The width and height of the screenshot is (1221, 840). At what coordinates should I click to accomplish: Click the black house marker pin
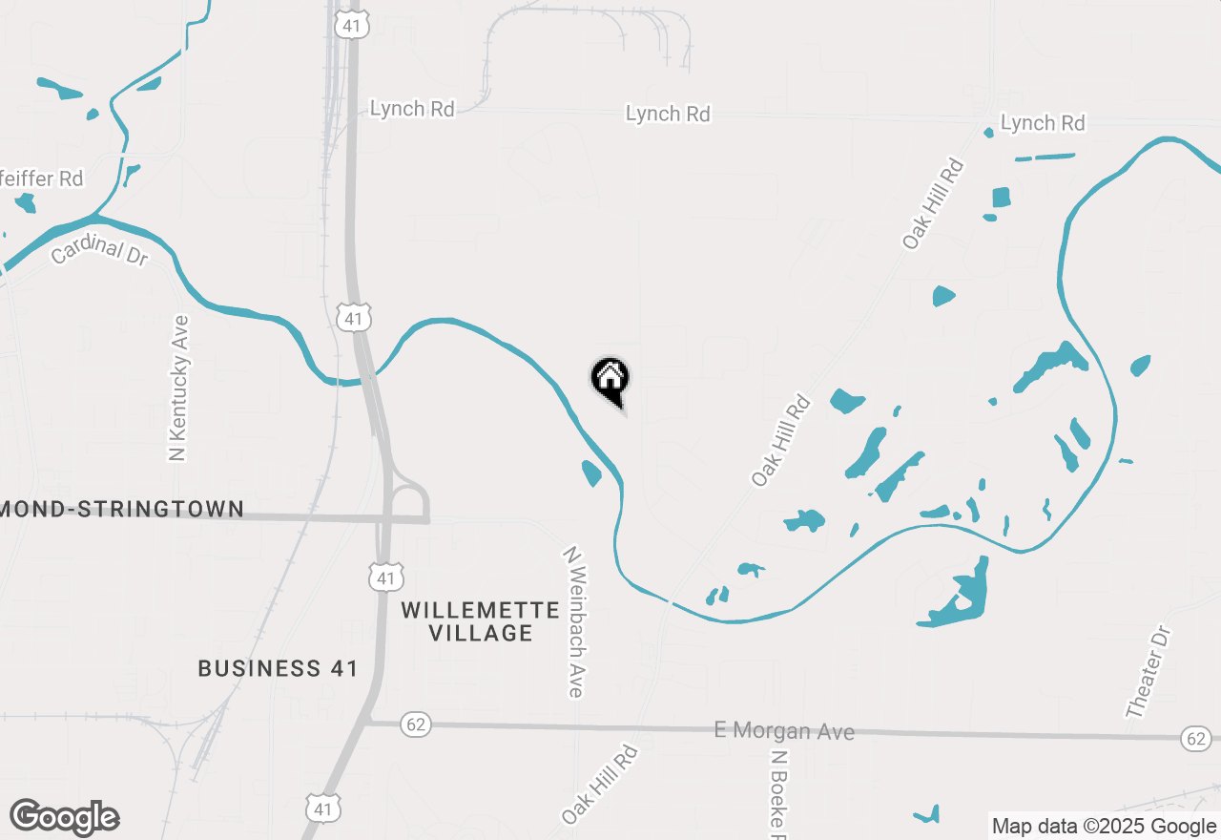[x=610, y=380]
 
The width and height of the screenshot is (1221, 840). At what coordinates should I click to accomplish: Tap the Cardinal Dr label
[x=99, y=251]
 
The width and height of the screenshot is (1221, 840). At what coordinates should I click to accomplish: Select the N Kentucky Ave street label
[x=178, y=388]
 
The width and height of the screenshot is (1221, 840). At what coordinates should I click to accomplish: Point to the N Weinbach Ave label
[x=574, y=621]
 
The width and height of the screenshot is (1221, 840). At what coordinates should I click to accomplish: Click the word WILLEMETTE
[x=480, y=610]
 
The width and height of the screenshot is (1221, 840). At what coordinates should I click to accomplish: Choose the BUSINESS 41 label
[x=278, y=668]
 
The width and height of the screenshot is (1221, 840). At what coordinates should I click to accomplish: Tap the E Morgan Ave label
[x=784, y=731]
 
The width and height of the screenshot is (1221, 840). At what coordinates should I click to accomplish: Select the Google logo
[x=65, y=817]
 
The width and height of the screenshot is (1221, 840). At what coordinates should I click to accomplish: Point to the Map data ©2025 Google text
[x=1104, y=827]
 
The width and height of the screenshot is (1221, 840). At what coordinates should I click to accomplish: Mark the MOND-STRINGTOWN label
[x=122, y=509]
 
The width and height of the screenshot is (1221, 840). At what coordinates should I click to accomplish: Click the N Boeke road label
[x=779, y=792]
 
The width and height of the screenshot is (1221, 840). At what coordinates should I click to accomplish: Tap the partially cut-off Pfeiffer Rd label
[x=42, y=178]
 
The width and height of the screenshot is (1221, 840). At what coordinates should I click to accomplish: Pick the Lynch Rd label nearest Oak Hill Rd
[x=1043, y=123]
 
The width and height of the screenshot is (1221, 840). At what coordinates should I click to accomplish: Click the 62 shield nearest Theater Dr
[x=1195, y=738]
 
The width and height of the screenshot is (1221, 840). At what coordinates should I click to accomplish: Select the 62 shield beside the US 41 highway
[x=415, y=724]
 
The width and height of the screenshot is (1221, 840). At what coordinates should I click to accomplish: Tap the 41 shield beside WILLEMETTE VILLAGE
[x=386, y=577]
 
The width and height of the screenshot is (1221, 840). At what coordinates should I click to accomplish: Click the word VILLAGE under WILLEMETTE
[x=481, y=633]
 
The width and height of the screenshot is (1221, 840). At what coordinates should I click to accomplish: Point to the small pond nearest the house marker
[x=591, y=472]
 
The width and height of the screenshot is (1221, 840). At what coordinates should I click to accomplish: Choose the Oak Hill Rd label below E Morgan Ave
[x=599, y=785]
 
